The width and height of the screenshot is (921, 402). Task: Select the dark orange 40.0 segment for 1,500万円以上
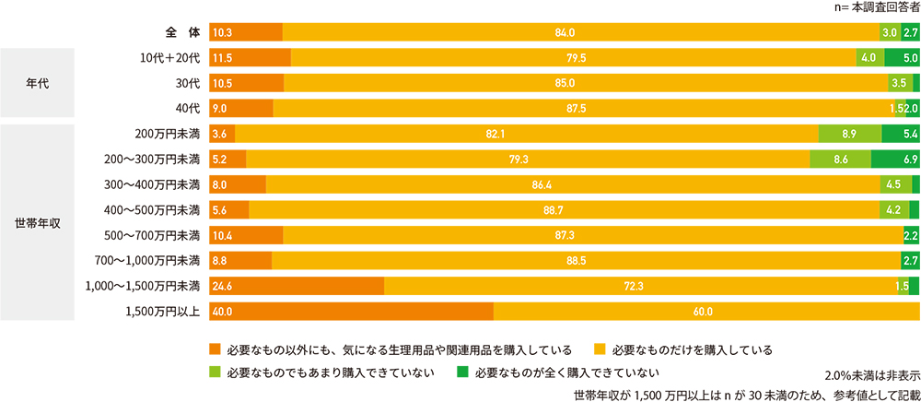pyautogui.click(x=351, y=311)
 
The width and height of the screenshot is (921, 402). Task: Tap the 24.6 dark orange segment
pyautogui.click(x=297, y=286)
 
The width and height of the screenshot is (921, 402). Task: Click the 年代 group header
pyautogui.click(x=37, y=83)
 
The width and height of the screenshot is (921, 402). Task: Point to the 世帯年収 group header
pyautogui.click(x=37, y=222)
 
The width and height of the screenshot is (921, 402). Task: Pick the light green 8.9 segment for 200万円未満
pyautogui.click(x=849, y=134)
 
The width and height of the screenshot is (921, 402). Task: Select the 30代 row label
pyautogui.click(x=187, y=83)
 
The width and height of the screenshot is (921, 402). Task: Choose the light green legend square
pyautogui.click(x=216, y=373)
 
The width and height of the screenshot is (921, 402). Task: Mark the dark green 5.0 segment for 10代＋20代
pyautogui.click(x=901, y=58)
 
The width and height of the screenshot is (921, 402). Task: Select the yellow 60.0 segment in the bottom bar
pyautogui.click(x=705, y=311)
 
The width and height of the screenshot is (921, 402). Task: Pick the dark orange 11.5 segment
pyautogui.click(x=250, y=58)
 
